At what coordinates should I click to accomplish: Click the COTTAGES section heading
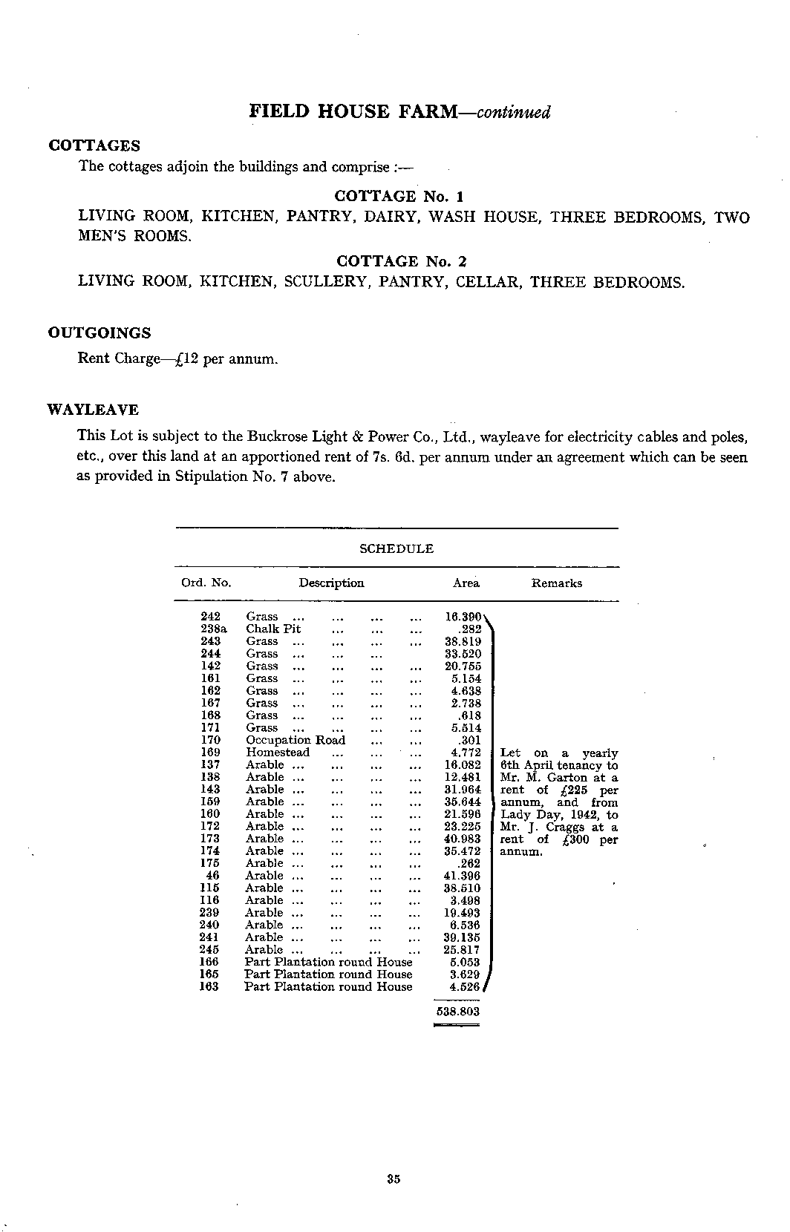click(x=94, y=145)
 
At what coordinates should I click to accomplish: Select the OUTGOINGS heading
click(x=99, y=332)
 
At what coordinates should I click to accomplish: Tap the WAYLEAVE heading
click(x=93, y=410)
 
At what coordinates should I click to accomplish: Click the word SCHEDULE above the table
click(x=396, y=548)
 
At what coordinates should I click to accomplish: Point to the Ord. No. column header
click(x=206, y=583)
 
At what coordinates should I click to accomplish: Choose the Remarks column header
click(x=556, y=583)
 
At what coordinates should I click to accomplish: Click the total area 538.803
click(x=457, y=1011)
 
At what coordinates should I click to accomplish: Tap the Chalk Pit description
click(x=273, y=629)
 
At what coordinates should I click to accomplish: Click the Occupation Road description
click(x=296, y=740)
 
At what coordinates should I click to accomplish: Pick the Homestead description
click(x=278, y=753)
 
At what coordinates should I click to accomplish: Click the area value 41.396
click(x=462, y=876)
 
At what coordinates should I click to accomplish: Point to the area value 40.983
click(x=462, y=839)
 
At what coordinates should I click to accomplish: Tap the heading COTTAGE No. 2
click(x=401, y=261)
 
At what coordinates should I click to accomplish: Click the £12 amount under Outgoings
click(x=183, y=359)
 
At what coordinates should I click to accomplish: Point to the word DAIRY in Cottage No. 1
click(x=394, y=217)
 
